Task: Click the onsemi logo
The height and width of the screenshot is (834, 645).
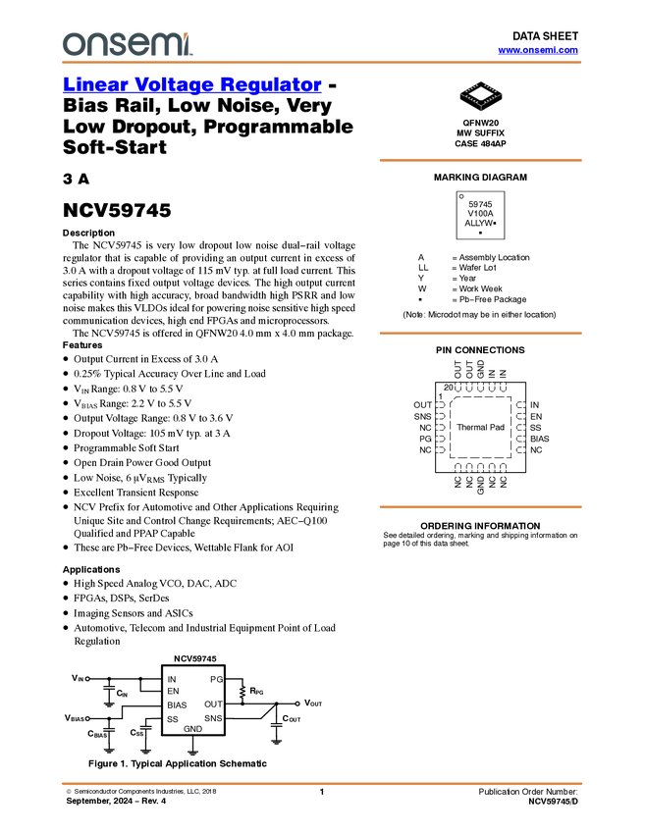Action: click(x=127, y=44)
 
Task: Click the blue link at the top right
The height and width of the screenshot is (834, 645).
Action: click(x=538, y=50)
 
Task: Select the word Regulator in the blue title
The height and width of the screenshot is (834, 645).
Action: click(x=271, y=85)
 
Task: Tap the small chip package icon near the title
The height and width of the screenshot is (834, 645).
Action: click(x=480, y=93)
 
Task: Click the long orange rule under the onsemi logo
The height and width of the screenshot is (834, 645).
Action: click(x=321, y=63)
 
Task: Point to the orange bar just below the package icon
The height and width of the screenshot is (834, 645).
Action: click(x=480, y=160)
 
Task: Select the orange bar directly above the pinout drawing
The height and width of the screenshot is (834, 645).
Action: click(x=480, y=334)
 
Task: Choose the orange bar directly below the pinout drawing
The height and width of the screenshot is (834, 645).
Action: click(x=480, y=506)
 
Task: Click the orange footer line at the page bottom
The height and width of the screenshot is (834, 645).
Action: click(x=321, y=783)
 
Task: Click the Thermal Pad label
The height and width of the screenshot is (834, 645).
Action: click(x=480, y=427)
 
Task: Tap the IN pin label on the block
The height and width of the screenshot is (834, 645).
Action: click(x=172, y=679)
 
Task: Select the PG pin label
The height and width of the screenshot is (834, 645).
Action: click(x=216, y=679)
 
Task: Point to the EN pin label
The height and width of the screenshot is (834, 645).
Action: click(x=173, y=692)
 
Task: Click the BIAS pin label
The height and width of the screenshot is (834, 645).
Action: click(x=177, y=705)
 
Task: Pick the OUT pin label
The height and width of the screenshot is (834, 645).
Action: click(x=213, y=704)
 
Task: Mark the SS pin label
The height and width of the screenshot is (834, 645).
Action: click(x=173, y=719)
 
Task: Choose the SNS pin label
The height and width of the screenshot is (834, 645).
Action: click(x=213, y=719)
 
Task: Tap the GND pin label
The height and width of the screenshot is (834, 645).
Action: click(x=192, y=729)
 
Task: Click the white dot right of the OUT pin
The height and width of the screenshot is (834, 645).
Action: click(x=296, y=704)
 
